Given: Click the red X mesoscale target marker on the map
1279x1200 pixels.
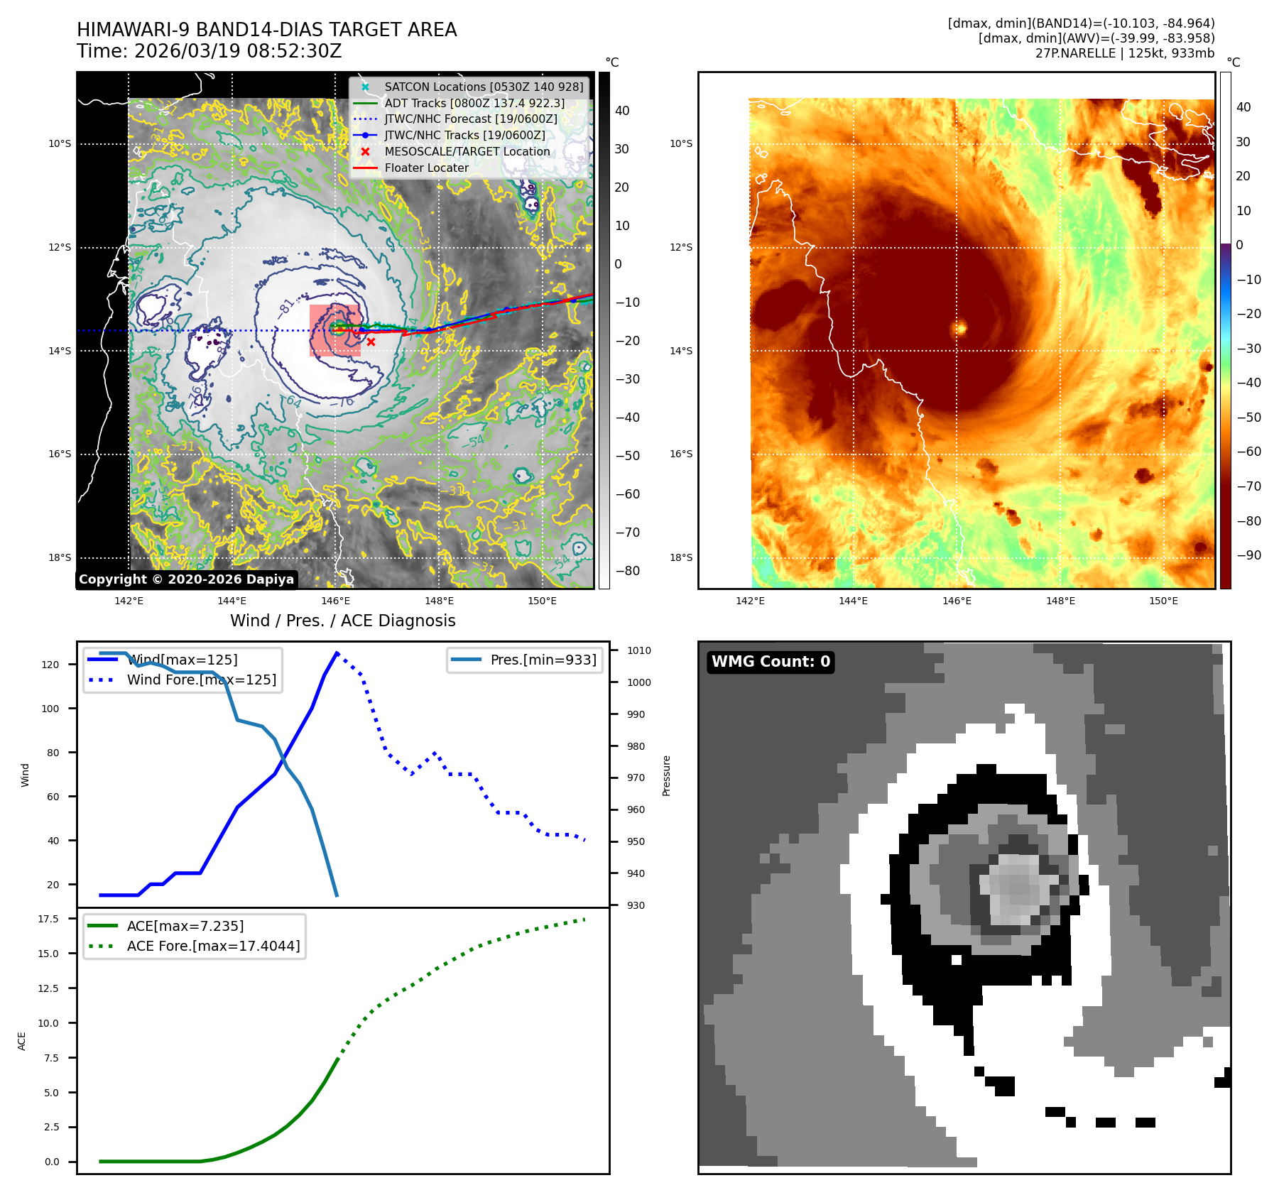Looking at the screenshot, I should click(x=371, y=342).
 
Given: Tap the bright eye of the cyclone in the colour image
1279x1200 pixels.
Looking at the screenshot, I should click(x=960, y=328).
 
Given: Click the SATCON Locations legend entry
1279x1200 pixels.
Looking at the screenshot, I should click(x=483, y=87).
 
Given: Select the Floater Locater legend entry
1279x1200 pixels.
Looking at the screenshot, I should click(x=426, y=168).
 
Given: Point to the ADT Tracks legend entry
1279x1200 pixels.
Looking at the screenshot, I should click(x=474, y=103).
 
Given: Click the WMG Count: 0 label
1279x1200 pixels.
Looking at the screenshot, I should click(x=771, y=662).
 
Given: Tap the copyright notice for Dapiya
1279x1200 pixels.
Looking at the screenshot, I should click(x=186, y=579).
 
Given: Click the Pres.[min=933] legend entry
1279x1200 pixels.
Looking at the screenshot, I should click(x=543, y=660).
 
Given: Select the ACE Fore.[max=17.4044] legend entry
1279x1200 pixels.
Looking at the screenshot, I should click(x=213, y=946).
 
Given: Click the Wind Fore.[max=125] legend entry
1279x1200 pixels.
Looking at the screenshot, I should click(x=201, y=680).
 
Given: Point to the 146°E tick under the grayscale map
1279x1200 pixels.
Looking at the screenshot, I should click(x=335, y=601).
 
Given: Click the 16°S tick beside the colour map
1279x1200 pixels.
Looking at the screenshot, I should click(x=680, y=454).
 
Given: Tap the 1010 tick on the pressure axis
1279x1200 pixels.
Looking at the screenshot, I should click(x=638, y=650).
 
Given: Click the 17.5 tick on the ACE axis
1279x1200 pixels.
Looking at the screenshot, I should click(x=48, y=919).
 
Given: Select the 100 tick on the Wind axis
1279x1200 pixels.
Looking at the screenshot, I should click(x=50, y=709).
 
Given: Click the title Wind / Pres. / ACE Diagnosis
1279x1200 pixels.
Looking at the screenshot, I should click(x=342, y=621).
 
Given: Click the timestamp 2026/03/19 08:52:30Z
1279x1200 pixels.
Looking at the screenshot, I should click(x=237, y=51).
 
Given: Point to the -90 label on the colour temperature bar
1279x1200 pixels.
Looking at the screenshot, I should click(x=1248, y=555).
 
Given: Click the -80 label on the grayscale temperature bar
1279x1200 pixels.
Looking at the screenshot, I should click(x=627, y=571).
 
